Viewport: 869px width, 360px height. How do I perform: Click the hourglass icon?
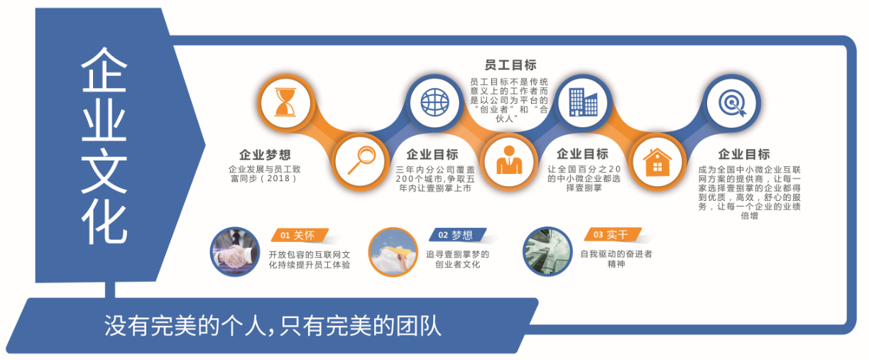[285, 102]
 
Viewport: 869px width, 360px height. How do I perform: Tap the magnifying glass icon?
[361, 160]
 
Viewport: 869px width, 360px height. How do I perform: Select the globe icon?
[434, 102]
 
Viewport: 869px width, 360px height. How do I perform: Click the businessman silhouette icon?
[509, 160]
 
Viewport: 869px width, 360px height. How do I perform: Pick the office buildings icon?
[583, 102]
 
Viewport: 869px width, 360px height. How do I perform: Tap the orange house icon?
[657, 162]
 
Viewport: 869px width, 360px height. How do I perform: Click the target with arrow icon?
[732, 103]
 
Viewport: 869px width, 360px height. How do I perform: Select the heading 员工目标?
[510, 65]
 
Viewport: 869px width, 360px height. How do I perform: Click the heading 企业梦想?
[265, 155]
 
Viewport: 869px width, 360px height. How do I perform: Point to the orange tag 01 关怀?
[300, 235]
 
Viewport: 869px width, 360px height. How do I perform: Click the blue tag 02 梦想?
[457, 235]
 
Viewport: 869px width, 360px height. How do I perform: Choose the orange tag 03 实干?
[613, 234]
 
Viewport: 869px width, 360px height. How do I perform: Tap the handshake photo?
[235, 251]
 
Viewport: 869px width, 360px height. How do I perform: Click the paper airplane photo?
[393, 252]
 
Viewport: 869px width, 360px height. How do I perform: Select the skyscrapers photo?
[547, 251]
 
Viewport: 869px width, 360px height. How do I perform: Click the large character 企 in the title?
[104, 70]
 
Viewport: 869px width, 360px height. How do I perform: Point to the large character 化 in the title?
[104, 222]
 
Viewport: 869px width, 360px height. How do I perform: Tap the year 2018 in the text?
[278, 178]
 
